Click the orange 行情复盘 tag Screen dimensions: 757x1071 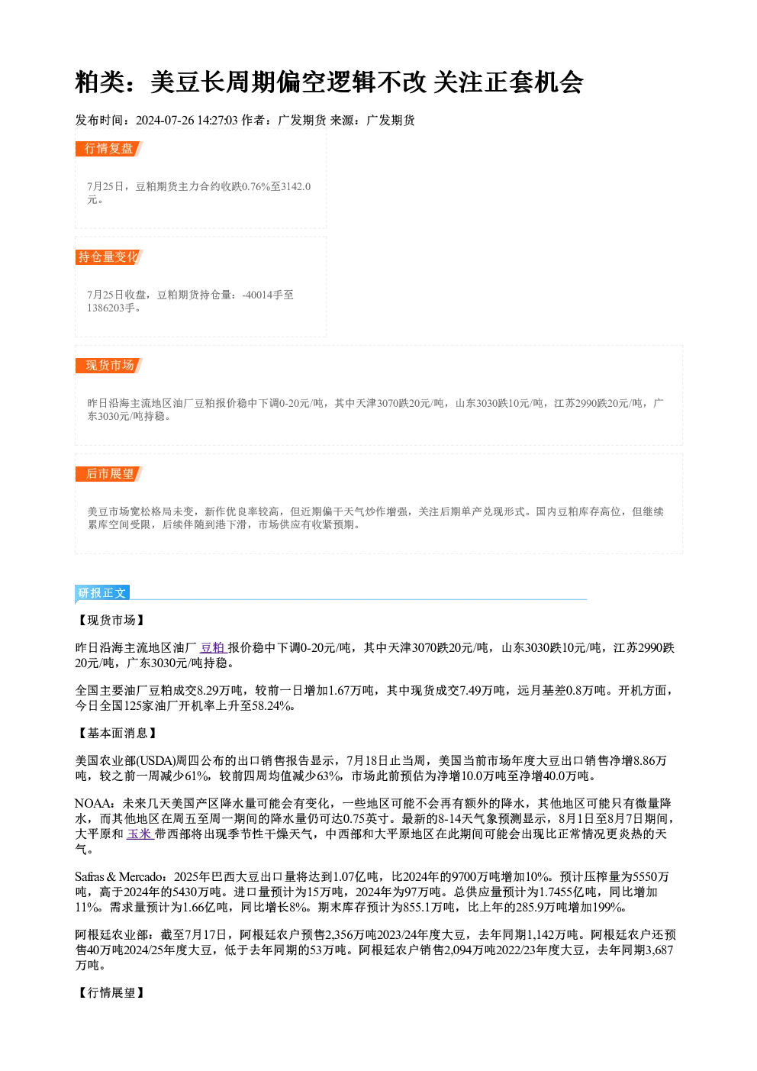point(109,149)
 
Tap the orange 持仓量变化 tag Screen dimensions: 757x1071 point(109,257)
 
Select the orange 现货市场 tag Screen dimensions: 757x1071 point(109,366)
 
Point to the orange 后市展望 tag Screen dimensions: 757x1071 point(109,474)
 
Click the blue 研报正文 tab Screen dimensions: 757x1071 point(102,593)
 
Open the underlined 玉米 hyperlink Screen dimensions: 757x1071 point(140,834)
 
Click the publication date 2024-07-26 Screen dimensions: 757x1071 point(165,121)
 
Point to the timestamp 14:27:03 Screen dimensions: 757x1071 point(217,121)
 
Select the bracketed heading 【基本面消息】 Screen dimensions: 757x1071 point(117,733)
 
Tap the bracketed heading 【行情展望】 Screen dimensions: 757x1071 point(111,992)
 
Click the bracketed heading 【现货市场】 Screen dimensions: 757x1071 point(111,620)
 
